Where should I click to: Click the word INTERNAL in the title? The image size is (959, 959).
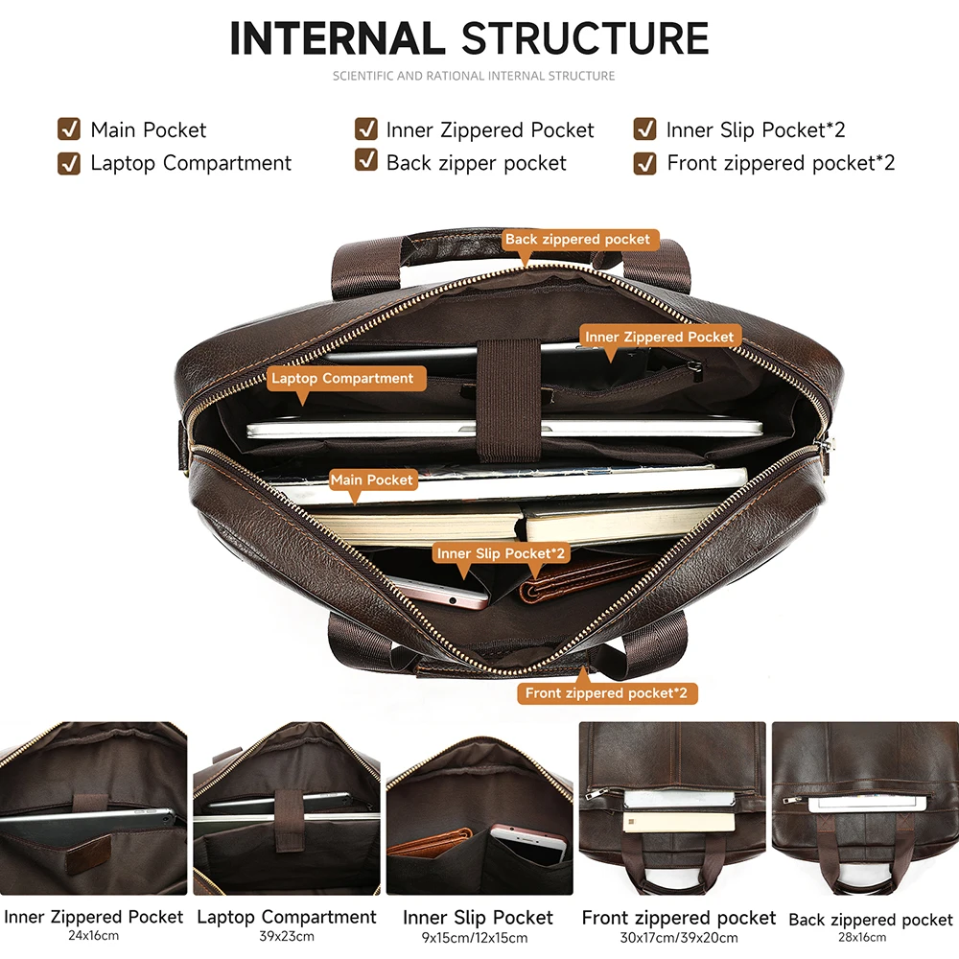pos(337,38)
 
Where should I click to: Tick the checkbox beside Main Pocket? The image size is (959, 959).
pos(69,129)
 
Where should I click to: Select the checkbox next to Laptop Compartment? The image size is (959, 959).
pos(69,163)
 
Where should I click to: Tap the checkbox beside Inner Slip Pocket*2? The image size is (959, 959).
pos(644,129)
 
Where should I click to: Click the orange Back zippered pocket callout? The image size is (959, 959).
pos(577,240)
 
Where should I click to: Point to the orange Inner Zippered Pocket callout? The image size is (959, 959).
pos(660,337)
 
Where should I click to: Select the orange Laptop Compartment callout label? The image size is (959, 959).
pos(342,378)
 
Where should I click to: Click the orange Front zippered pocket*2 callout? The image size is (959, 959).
pos(607,692)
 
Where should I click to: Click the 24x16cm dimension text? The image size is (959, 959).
pos(93,936)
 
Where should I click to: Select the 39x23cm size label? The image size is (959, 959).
pos(287,936)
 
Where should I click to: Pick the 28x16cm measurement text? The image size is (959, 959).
pos(870,938)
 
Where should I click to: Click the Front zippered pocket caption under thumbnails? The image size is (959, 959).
pos(679,918)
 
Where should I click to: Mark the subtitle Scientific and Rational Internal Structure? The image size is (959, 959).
pos(474,76)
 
